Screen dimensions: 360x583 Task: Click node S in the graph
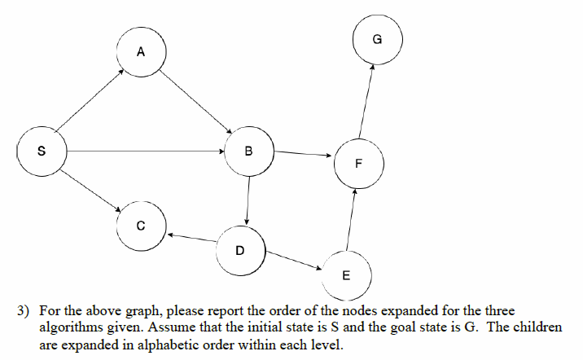pyautogui.click(x=42, y=151)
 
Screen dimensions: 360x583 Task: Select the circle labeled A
pyautogui.click(x=141, y=53)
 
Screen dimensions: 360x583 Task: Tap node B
pyautogui.click(x=248, y=151)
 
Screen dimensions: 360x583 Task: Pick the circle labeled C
pyautogui.click(x=140, y=226)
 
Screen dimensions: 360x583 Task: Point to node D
pyautogui.click(x=239, y=249)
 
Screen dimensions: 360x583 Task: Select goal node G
pyautogui.click(x=376, y=38)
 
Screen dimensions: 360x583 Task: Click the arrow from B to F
pyautogui.click(x=303, y=153)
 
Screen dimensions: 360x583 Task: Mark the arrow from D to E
pyautogui.click(x=294, y=260)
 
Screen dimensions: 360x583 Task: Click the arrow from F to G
pyautogui.click(x=366, y=101)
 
